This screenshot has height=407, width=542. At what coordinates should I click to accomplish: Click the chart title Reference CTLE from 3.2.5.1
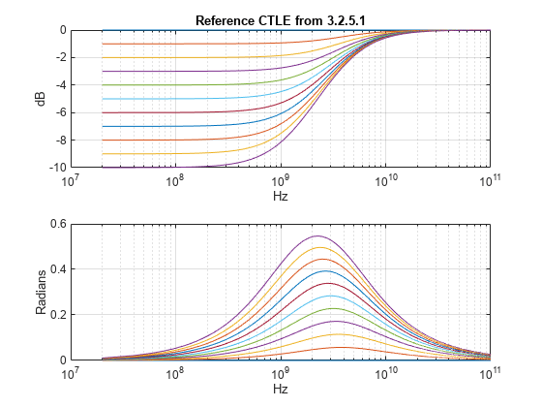279,20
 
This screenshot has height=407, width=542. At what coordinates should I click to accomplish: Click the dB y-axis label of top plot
42,99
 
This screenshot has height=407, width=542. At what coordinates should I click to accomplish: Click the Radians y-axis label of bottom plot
42,291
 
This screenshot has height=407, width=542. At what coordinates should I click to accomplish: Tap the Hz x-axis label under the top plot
280,195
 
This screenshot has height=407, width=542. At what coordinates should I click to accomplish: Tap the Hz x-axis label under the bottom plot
280,389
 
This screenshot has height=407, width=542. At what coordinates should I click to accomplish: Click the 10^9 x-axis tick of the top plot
280,180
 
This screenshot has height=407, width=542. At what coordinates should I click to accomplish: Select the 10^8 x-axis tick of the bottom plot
175,373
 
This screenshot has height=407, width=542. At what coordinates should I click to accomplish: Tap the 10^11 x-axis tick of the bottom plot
491,373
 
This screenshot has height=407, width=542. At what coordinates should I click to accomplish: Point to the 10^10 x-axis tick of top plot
385,180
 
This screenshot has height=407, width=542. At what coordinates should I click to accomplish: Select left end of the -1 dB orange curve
103,44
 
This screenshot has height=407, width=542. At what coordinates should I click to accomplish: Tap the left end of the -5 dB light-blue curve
103,99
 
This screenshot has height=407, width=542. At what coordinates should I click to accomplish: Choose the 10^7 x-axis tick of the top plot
70,180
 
